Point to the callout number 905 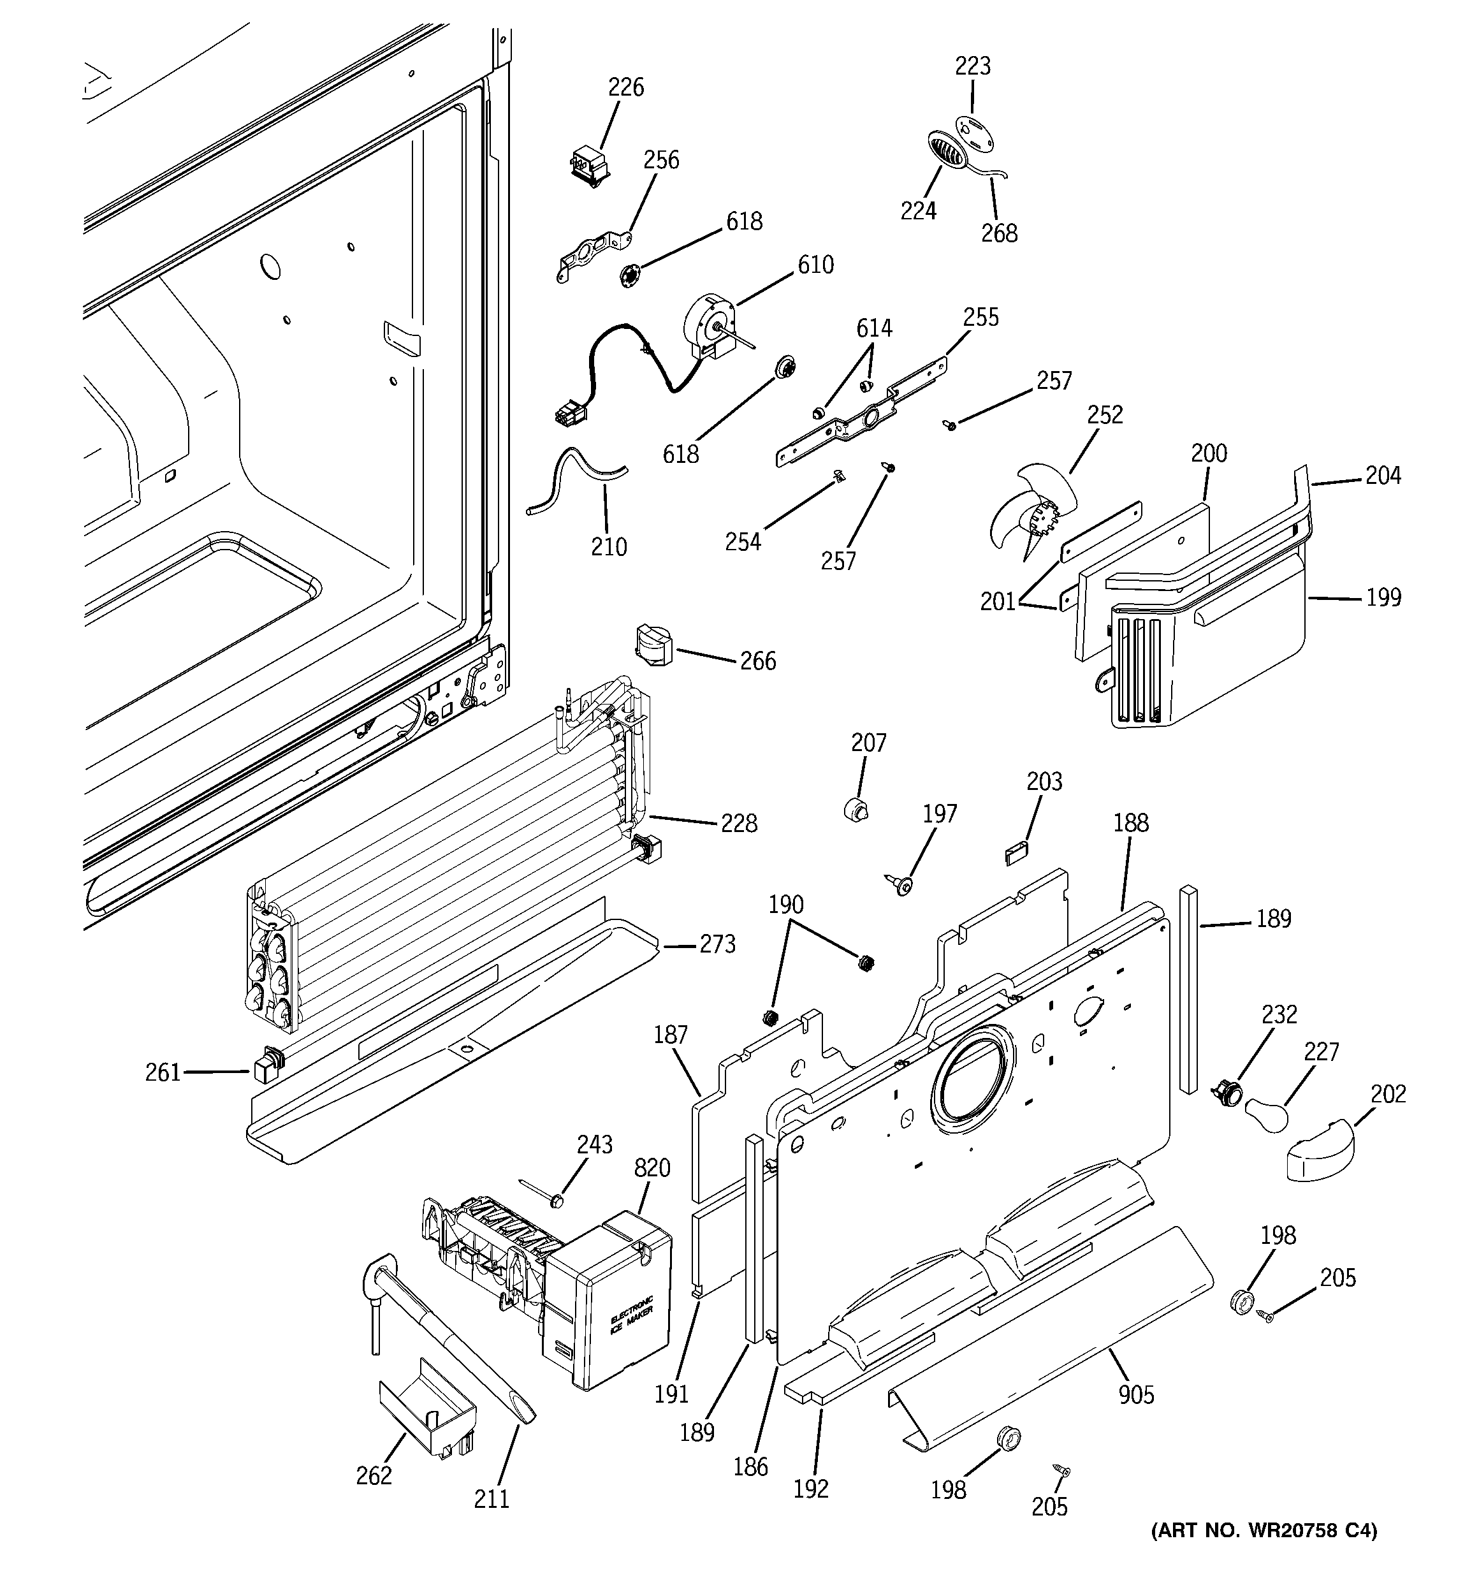point(1136,1394)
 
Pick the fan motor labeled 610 point(709,325)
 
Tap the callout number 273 point(717,945)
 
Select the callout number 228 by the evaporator point(738,823)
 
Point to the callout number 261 point(163,1073)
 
